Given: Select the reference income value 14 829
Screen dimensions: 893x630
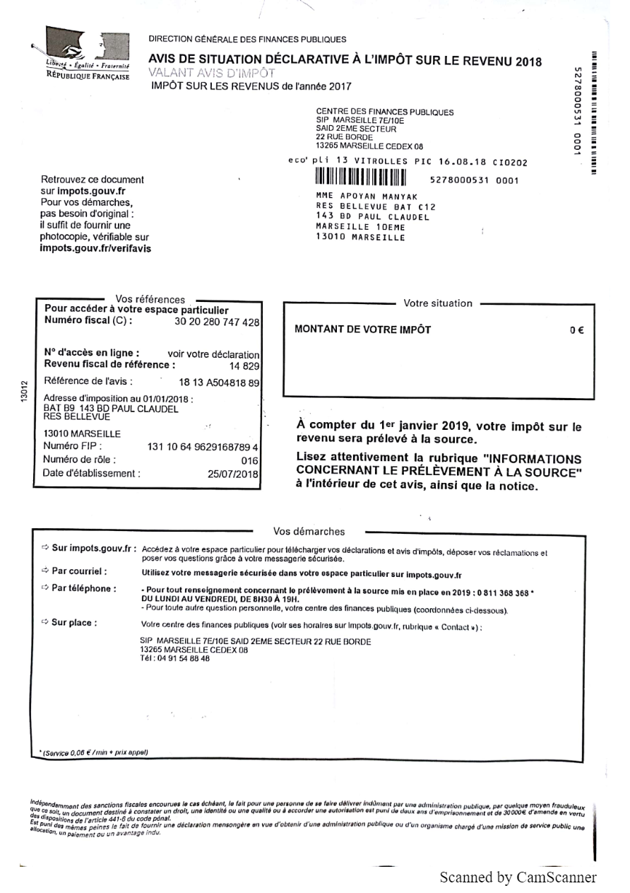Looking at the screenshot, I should click(x=245, y=366).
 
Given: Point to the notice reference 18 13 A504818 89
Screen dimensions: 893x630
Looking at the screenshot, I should click(x=219, y=382).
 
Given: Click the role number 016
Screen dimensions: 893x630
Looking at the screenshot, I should click(x=251, y=460).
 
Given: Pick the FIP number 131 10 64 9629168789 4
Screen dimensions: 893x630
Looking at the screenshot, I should click(x=203, y=447).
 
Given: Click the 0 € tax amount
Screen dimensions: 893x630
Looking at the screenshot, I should click(x=576, y=330).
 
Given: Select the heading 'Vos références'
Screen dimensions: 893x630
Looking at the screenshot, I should click(x=150, y=300).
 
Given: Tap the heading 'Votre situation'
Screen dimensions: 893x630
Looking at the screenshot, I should click(x=438, y=303).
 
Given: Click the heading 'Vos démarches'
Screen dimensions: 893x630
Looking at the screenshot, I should click(x=309, y=532).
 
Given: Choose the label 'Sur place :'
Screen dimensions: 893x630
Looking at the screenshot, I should click(x=74, y=623).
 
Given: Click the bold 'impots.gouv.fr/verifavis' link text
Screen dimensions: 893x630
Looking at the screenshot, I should click(x=95, y=249).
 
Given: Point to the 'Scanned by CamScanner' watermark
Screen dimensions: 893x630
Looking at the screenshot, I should click(x=518, y=877).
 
